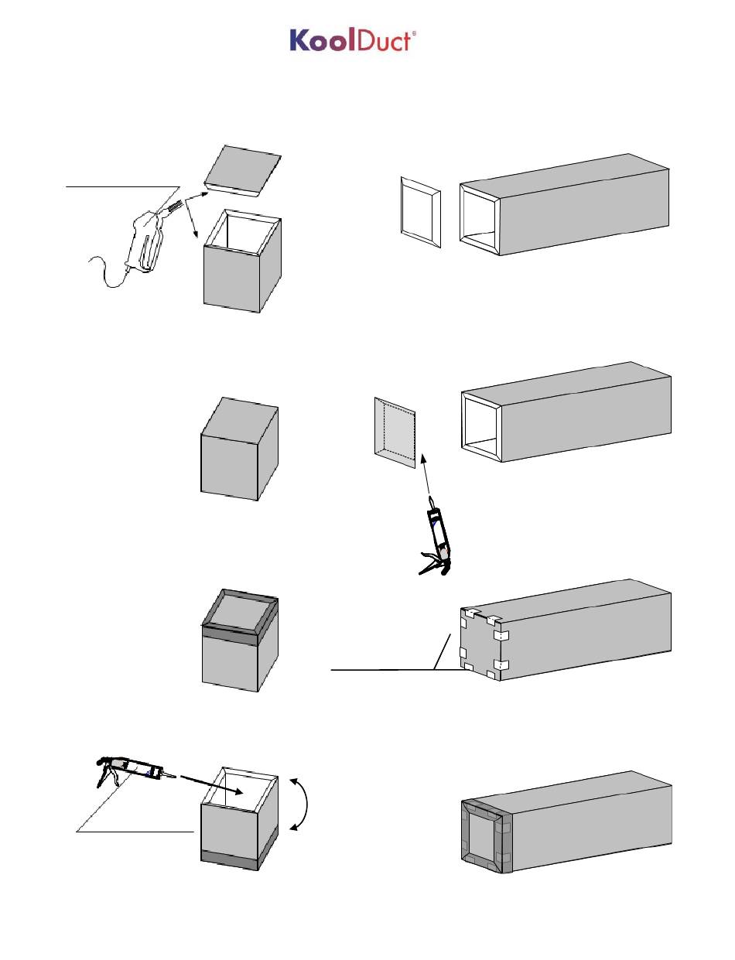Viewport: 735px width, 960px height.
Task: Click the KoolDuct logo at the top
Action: tap(353, 41)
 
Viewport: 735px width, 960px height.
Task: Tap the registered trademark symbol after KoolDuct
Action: tap(414, 34)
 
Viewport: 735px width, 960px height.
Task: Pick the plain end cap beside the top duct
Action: tap(421, 212)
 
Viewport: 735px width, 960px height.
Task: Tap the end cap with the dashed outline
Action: tap(397, 429)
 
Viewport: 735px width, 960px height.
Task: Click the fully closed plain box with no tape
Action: tap(239, 449)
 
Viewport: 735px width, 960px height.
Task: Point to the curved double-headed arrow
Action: tap(303, 805)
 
